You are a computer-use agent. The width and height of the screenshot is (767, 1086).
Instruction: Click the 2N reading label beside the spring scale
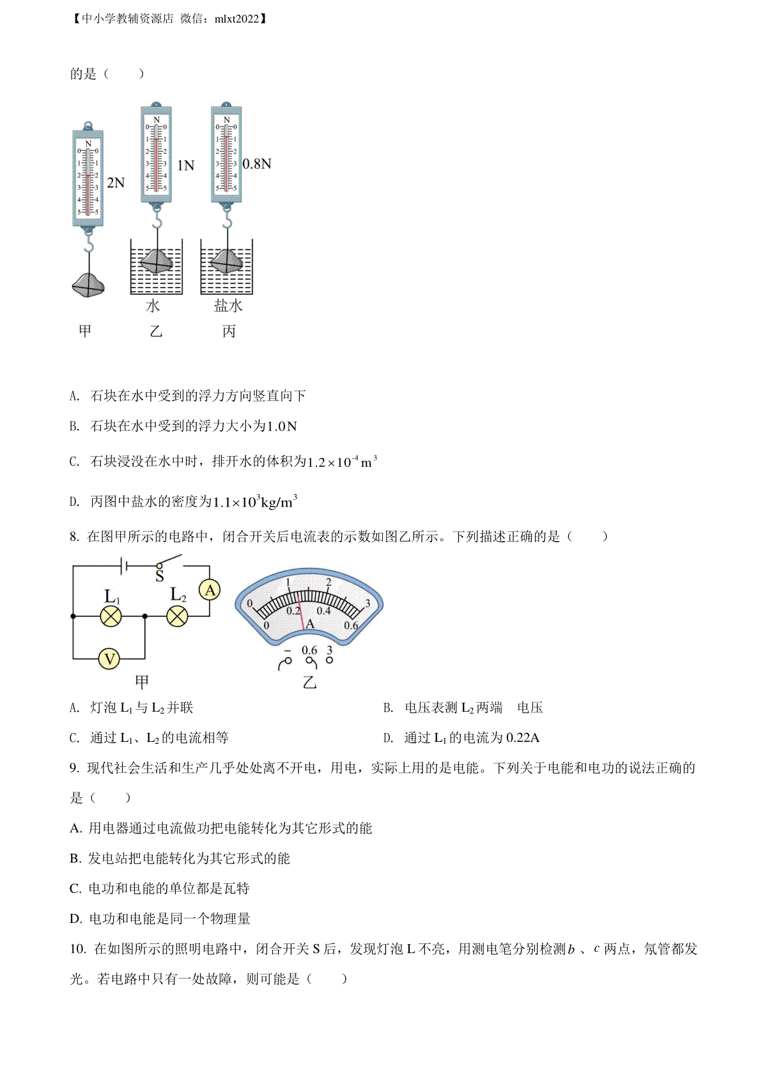116,183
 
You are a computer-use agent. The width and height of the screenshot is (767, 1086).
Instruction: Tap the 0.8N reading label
257,164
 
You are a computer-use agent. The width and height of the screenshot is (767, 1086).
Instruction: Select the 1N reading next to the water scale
185,165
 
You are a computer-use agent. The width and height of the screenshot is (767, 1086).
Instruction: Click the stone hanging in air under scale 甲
88,285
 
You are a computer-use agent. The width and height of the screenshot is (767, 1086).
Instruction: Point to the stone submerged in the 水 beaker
157,261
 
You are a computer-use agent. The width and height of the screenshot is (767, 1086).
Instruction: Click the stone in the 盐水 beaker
227,261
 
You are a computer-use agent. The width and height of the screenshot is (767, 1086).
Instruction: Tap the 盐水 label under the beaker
228,306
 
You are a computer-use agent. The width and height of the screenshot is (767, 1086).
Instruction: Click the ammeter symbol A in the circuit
210,590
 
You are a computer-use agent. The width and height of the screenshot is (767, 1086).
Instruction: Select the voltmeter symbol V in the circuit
109,659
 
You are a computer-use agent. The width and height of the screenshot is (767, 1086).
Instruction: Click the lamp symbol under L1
111,617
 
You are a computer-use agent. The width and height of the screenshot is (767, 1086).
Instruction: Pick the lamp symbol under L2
177,617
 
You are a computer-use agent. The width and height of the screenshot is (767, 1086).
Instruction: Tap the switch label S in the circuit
159,576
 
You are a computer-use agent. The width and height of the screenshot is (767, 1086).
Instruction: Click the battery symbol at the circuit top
124,565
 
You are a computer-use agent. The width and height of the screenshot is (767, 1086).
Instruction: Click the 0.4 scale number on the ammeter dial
323,611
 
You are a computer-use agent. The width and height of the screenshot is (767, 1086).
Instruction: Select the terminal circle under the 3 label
329,660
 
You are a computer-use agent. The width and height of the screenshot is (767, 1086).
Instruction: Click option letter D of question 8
387,738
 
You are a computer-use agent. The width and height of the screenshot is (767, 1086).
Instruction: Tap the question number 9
74,768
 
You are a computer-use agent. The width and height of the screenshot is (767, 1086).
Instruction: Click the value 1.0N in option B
282,426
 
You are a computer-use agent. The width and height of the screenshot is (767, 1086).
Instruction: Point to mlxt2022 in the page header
236,19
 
